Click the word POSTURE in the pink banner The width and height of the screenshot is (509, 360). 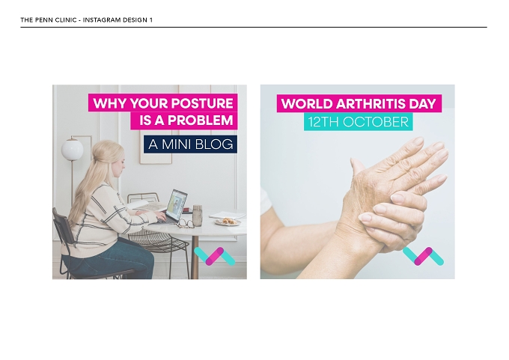click(202, 103)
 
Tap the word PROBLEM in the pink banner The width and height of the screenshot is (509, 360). click(201, 120)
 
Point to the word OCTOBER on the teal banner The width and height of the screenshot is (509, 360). click(376, 122)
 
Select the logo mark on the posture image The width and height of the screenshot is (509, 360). click(215, 257)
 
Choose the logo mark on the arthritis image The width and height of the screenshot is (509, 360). click(423, 257)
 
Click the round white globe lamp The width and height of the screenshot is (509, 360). click(73, 150)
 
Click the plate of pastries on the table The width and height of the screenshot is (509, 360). click(228, 222)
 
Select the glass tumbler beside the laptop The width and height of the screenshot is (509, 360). click(198, 216)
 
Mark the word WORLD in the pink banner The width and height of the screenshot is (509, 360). click(307, 104)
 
